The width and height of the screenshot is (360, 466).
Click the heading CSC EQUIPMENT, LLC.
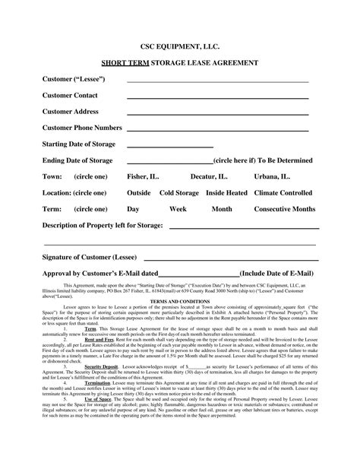(180, 46)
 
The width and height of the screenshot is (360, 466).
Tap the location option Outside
(138, 193)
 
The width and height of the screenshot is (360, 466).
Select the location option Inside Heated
(226, 193)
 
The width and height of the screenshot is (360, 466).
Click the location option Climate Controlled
(285, 193)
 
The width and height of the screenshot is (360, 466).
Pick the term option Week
(178, 209)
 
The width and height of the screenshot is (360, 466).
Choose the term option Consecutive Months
(283, 209)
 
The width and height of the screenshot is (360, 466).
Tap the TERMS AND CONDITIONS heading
(179, 302)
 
